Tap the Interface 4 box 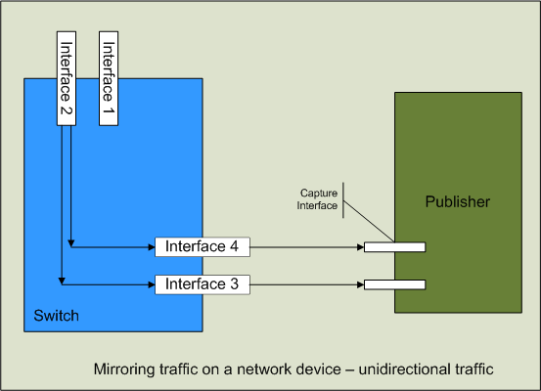point(203,246)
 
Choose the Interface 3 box point(203,284)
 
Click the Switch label point(56,317)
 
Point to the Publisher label point(457,202)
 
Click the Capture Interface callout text point(319,199)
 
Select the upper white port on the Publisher point(394,247)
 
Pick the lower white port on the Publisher point(394,284)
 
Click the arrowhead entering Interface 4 point(151,246)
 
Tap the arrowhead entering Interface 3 point(151,284)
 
